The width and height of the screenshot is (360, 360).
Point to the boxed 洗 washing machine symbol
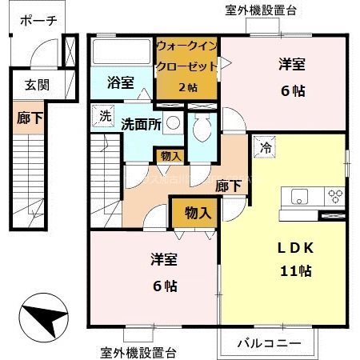(x=103, y=114)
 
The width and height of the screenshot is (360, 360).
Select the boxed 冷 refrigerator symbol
(x=265, y=147)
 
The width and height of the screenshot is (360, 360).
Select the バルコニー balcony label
(x=268, y=344)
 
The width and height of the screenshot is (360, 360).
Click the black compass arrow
(x=44, y=317)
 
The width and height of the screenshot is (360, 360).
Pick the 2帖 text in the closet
(x=186, y=86)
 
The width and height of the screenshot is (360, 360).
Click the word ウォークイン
(x=186, y=46)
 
